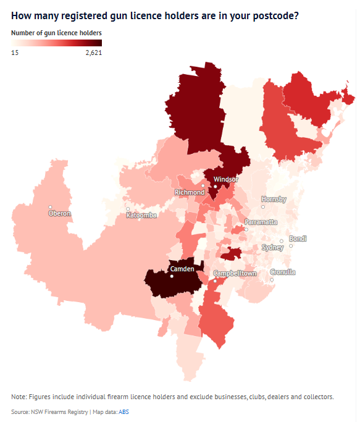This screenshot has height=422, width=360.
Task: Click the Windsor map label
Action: pos(225,180)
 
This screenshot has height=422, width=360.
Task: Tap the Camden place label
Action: pos(182,269)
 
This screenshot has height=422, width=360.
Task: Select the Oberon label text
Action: pos(60,214)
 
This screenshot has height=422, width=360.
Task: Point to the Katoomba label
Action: pos(141,215)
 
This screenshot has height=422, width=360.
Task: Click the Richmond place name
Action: pos(190,192)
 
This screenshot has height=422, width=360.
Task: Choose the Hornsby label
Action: pos(274,199)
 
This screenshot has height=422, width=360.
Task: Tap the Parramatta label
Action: pos(261,222)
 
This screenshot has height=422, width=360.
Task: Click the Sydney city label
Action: pos(272,247)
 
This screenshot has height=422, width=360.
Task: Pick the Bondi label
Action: pos(298,238)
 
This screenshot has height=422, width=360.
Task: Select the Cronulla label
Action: pos(283,272)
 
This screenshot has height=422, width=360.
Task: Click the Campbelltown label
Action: pos(234,273)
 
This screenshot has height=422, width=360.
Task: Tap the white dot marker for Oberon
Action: pos(51,207)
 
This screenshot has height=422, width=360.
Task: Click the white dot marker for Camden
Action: pos(172,276)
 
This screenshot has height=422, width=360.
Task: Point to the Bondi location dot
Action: pos(291,245)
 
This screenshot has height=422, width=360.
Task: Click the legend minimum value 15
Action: pos(15,53)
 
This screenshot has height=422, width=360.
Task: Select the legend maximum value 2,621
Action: pos(93,53)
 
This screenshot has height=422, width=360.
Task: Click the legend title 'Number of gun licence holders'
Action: pos(56,32)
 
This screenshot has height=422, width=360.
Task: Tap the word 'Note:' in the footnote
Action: pos(19,396)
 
